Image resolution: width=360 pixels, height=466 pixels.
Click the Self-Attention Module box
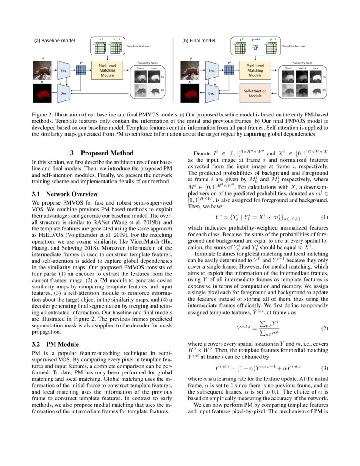(x=255, y=94)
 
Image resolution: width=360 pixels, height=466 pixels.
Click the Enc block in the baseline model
(x=63, y=70)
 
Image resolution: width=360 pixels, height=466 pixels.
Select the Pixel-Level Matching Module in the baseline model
(x=107, y=70)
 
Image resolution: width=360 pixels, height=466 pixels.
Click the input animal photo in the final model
(x=191, y=70)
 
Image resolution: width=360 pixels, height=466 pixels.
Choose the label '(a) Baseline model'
(x=54, y=41)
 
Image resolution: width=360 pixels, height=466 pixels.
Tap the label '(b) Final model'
(x=199, y=41)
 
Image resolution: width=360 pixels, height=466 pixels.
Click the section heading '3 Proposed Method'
(x=102, y=153)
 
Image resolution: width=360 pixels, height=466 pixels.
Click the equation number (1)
(x=324, y=218)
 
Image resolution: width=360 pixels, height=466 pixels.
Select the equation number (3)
(x=324, y=368)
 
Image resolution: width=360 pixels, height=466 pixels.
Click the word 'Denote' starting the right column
(x=203, y=153)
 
